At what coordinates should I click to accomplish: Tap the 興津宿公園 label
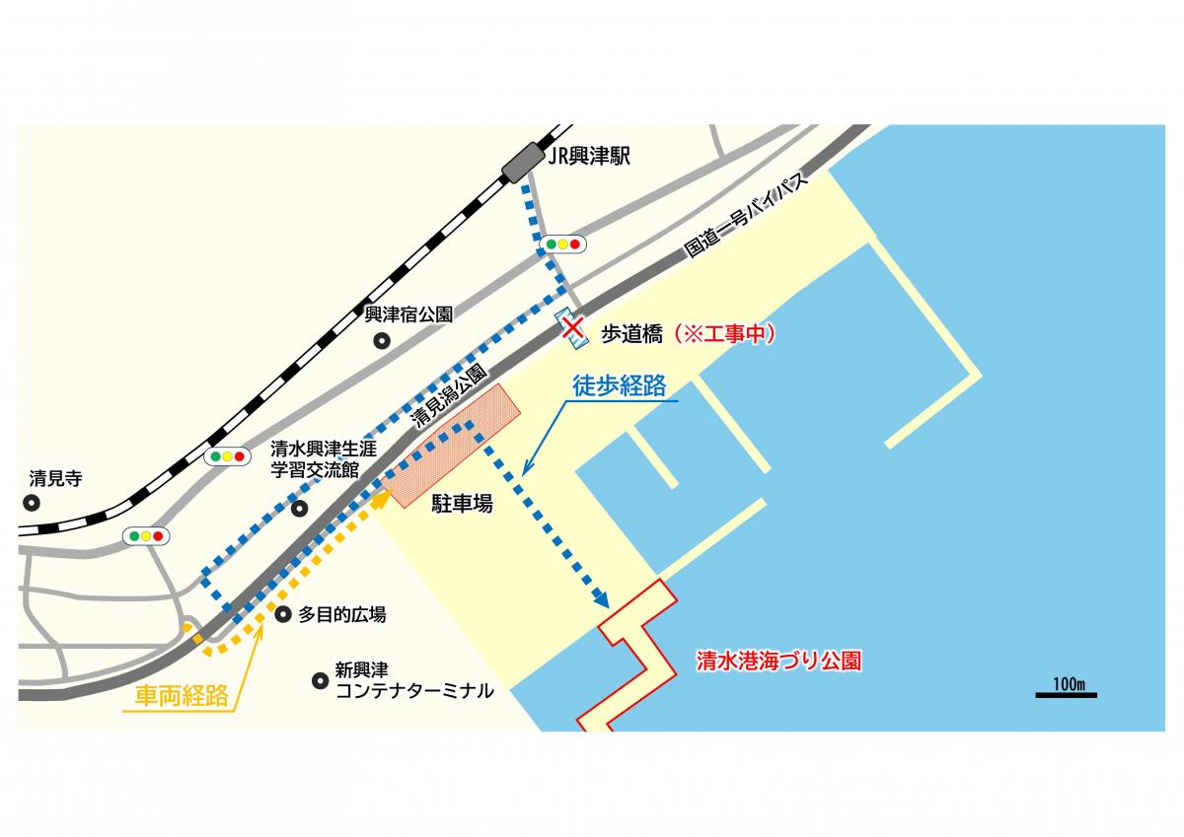[x=408, y=315]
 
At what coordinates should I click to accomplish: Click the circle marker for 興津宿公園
[x=381, y=341]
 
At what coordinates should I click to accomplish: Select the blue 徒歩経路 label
[x=619, y=386]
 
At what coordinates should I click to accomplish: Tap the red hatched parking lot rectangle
[x=455, y=445]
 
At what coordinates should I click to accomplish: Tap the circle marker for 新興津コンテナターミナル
[x=320, y=680]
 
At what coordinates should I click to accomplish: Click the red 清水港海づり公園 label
[x=778, y=661]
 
